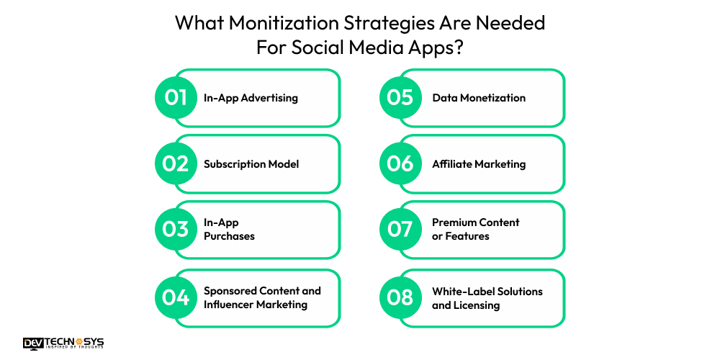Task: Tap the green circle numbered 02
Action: (x=176, y=164)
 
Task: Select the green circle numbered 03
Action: (x=176, y=230)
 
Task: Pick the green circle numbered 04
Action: (x=176, y=297)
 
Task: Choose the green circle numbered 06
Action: (x=400, y=164)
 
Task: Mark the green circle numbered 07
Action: (x=400, y=230)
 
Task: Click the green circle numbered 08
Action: (x=400, y=297)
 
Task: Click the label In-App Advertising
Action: (x=251, y=98)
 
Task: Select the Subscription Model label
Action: (x=251, y=164)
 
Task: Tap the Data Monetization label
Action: (x=479, y=98)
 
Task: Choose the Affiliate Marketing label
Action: (x=479, y=164)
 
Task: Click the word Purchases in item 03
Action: (x=229, y=236)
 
